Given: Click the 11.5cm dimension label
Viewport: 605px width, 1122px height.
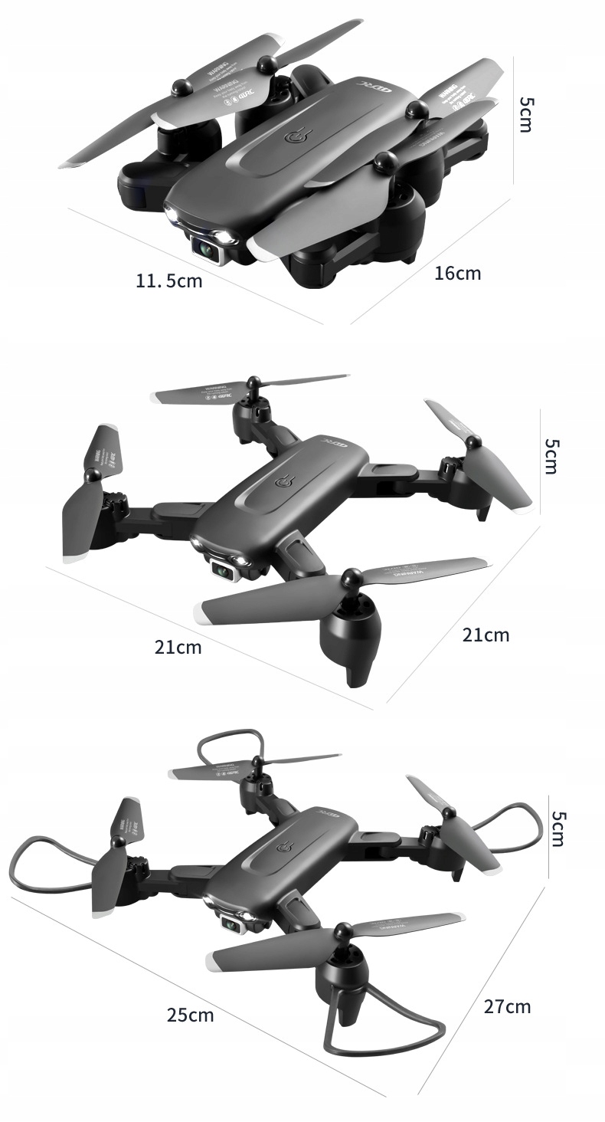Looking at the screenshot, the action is (169, 281).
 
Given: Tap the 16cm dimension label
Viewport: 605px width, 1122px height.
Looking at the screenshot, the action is (458, 273).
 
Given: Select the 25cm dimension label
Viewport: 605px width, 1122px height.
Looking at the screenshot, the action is (191, 1015).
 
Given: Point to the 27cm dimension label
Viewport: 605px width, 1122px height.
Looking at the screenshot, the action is (507, 1006).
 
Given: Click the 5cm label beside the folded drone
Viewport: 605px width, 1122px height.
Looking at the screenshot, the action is (525, 114).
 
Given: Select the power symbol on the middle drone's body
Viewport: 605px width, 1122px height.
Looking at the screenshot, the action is (285, 484).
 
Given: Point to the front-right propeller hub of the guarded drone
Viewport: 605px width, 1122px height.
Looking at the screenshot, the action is (343, 931).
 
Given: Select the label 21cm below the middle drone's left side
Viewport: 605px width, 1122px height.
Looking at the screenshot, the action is (178, 648).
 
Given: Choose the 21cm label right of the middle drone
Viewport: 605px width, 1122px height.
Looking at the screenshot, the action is (486, 635).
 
